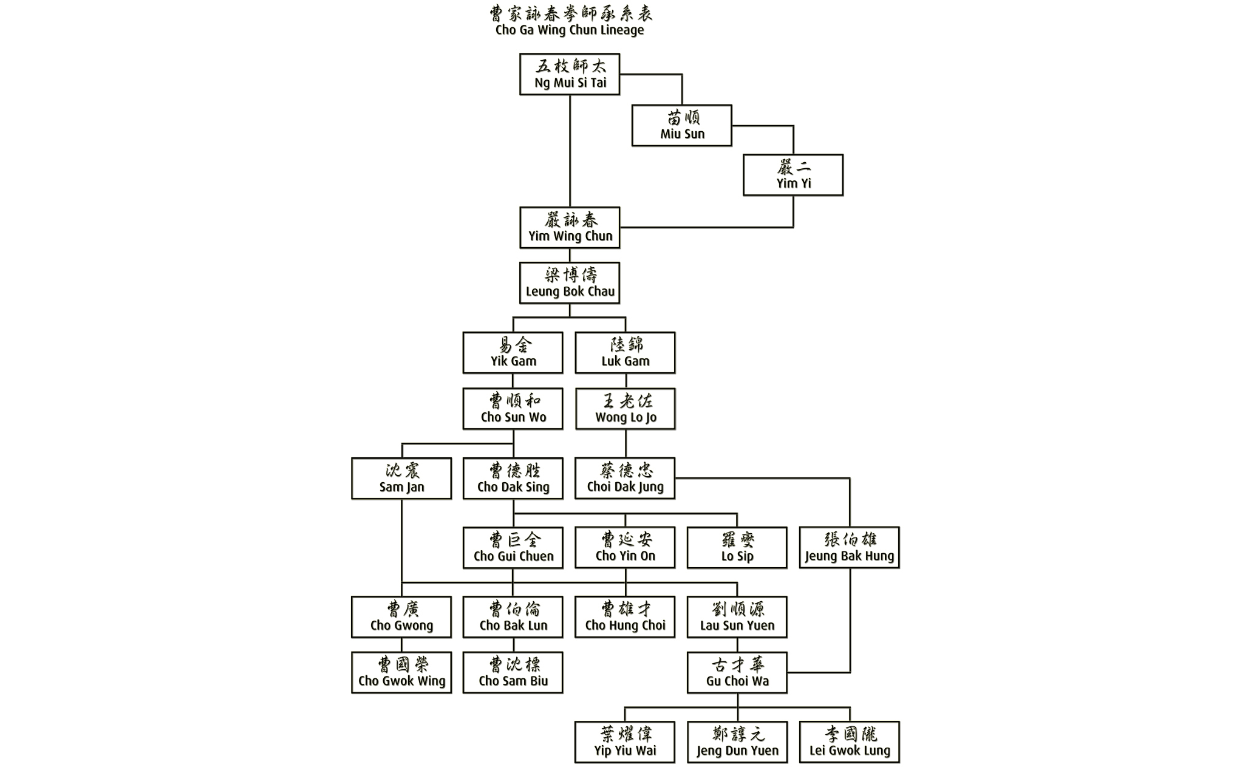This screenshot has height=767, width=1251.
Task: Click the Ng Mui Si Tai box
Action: tap(570, 74)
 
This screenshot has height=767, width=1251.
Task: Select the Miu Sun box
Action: tap(681, 126)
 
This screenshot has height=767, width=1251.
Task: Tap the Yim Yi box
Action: tap(793, 175)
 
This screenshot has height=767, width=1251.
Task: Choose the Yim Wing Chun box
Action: tap(570, 228)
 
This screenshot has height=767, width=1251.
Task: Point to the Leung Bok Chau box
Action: tap(570, 283)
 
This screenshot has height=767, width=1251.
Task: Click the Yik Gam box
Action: tap(513, 353)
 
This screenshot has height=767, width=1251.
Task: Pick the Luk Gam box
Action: tap(625, 353)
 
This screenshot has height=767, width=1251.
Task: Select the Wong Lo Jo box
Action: tap(625, 409)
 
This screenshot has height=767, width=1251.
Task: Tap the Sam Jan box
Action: tap(401, 479)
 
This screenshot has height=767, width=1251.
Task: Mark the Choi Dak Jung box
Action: tap(625, 479)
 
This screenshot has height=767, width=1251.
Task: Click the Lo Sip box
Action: tap(737, 548)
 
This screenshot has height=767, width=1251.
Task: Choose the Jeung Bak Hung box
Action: tap(849, 548)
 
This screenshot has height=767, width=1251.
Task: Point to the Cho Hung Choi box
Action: tap(625, 617)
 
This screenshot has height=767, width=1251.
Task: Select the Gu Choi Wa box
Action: tap(737, 673)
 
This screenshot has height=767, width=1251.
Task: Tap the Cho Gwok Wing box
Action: tap(401, 673)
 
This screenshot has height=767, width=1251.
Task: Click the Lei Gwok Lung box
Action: tap(849, 742)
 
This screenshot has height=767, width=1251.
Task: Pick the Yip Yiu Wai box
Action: tap(625, 742)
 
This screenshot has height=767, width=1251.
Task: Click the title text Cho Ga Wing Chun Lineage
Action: tap(570, 30)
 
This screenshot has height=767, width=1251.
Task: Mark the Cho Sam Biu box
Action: tap(513, 673)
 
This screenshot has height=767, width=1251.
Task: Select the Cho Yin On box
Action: tap(625, 548)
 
